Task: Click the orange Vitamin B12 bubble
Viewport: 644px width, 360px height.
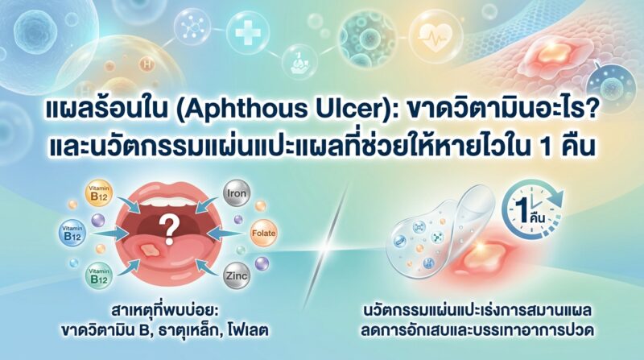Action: tap(98, 193)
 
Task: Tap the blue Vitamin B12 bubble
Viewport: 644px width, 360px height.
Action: tap(72, 233)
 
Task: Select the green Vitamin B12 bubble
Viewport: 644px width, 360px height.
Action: tap(98, 275)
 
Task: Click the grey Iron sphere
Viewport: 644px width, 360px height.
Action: tap(237, 193)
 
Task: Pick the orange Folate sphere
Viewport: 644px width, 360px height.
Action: tap(263, 233)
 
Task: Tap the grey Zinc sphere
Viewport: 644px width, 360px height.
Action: tap(237, 275)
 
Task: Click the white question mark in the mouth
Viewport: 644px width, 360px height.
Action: tap(168, 230)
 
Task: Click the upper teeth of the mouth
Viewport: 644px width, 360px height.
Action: tap(168, 202)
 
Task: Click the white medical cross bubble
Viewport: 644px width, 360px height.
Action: tap(248, 33)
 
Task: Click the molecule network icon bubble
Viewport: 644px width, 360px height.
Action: tap(192, 27)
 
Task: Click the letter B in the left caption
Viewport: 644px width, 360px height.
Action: tap(143, 330)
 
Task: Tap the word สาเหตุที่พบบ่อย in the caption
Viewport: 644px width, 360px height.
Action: tap(163, 312)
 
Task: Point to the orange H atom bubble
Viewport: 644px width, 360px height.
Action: tap(147, 64)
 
